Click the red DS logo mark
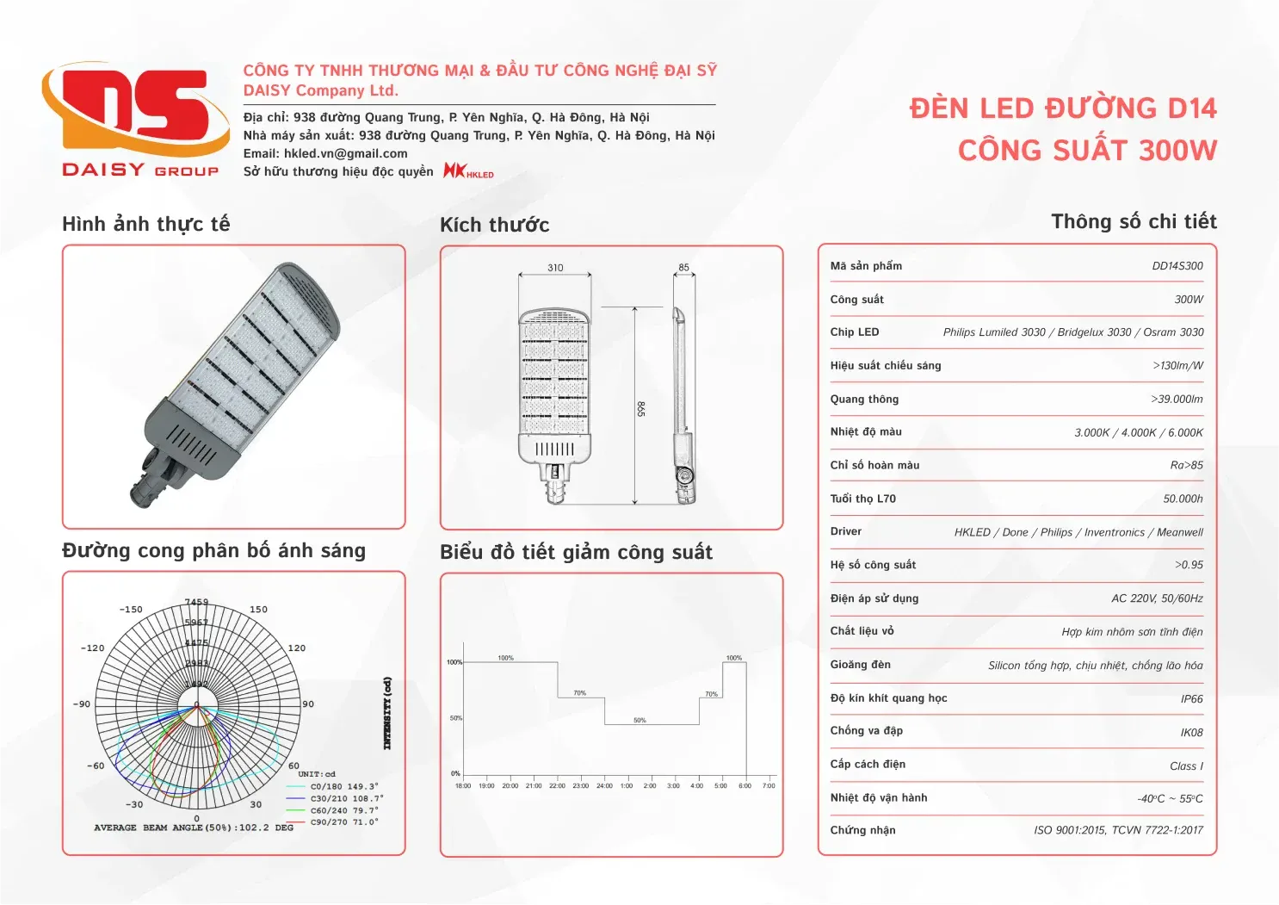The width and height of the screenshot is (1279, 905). tap(136, 110)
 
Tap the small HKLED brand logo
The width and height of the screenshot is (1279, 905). tap(468, 170)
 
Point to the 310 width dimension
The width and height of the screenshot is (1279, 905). tap(555, 268)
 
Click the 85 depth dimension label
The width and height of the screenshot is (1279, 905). tap(683, 268)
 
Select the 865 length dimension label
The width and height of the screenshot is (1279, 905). tap(641, 409)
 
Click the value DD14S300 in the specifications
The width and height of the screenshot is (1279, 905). tap(1177, 266)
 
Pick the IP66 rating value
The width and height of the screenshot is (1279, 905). tap(1191, 699)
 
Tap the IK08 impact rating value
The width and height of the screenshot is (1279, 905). tap(1191, 733)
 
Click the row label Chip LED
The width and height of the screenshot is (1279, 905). tap(854, 332)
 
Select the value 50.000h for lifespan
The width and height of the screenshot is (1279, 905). tap(1183, 499)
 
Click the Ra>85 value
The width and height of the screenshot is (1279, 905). tap(1186, 465)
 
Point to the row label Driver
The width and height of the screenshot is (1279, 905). tap(845, 531)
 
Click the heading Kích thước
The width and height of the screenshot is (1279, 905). tap(494, 225)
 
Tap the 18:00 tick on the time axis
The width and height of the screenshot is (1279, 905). tap(462, 785)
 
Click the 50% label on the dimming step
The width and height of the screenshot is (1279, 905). tap(639, 720)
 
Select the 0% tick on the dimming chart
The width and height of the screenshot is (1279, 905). tap(455, 773)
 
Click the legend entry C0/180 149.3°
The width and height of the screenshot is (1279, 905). tap(343, 786)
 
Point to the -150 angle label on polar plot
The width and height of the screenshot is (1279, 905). tap(131, 610)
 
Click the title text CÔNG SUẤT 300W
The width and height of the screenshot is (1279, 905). tap(1087, 151)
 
